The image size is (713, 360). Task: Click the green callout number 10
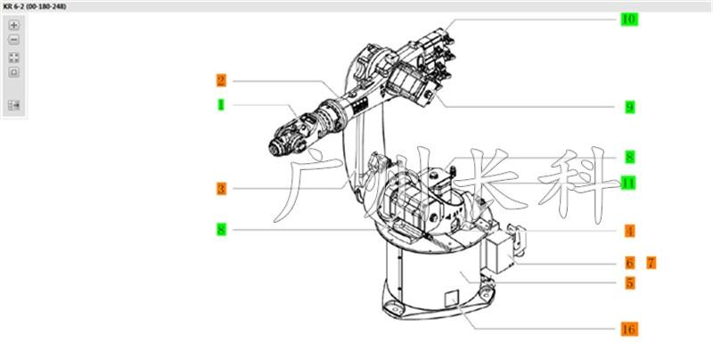click(629, 20)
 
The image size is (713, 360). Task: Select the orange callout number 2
click(221, 81)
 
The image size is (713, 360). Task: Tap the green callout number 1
click(221, 104)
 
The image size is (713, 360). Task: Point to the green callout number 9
click(630, 107)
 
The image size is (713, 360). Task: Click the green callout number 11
click(628, 184)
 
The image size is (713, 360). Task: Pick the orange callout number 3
click(221, 189)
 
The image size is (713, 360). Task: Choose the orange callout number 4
click(630, 231)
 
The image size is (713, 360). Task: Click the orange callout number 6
click(630, 263)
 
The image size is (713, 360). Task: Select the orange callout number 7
click(652, 263)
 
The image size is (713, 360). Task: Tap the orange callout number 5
click(630, 282)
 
